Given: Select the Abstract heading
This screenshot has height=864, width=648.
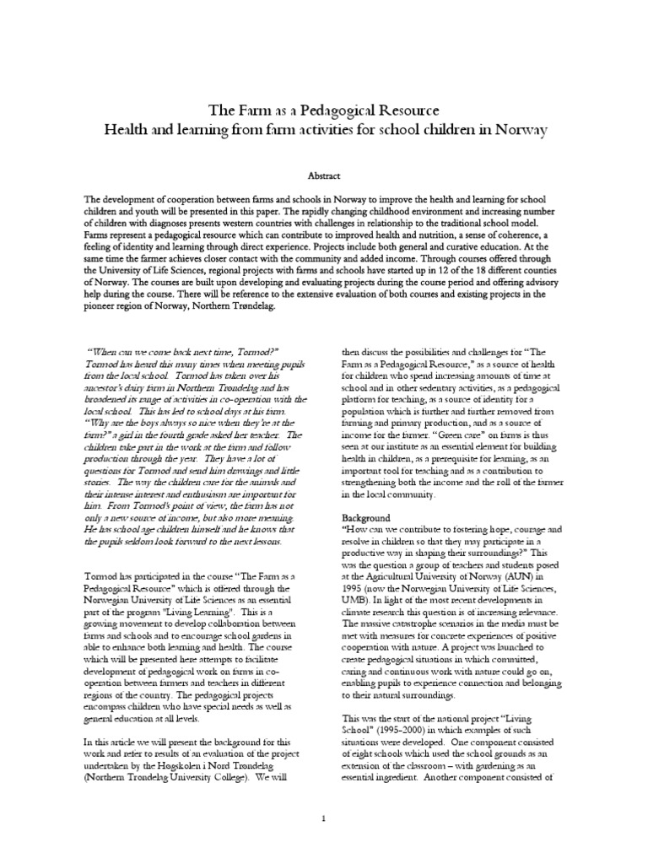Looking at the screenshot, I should (324, 175).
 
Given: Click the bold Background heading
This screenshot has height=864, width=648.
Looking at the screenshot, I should (365, 516).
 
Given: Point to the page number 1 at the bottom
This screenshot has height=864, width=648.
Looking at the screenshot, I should (324, 817).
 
